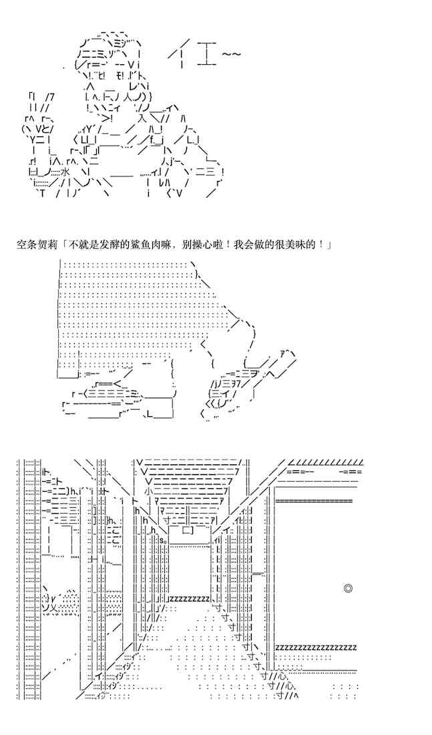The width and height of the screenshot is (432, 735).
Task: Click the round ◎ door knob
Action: [x=347, y=588]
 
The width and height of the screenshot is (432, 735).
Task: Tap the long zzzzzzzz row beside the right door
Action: [x=316, y=647]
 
